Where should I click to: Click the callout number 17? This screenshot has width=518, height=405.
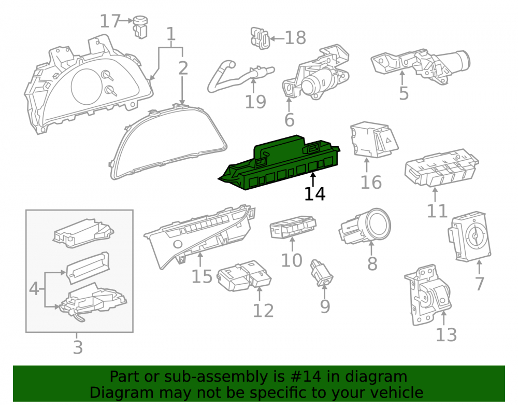coord(110,21)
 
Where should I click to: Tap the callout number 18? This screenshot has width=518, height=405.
coord(295,38)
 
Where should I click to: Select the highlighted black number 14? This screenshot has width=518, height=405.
coord(314,194)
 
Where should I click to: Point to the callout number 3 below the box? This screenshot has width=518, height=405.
coord(78,347)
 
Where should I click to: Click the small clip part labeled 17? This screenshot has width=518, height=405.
coord(140,26)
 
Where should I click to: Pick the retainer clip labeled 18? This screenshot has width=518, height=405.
coord(260,38)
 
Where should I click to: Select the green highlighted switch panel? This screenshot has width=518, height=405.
coord(279,163)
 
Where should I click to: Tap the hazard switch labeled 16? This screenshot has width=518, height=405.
coord(374,139)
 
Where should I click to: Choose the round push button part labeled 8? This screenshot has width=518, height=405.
coord(365,227)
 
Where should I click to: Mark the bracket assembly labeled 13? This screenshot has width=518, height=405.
coord(428,295)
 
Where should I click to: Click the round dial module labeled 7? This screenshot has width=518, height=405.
coord(469,236)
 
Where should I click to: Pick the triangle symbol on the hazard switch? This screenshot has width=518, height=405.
coord(388,140)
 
